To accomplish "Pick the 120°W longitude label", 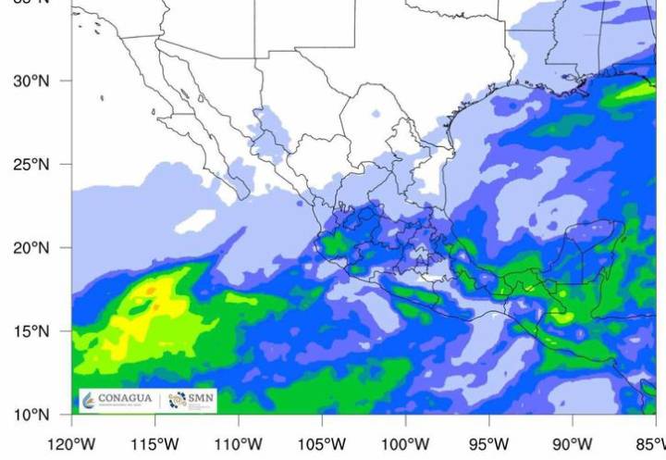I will point(72,441).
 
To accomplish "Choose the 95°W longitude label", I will point(488,441).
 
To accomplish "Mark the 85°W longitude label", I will point(650,441).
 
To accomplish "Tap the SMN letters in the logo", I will point(200,399).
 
